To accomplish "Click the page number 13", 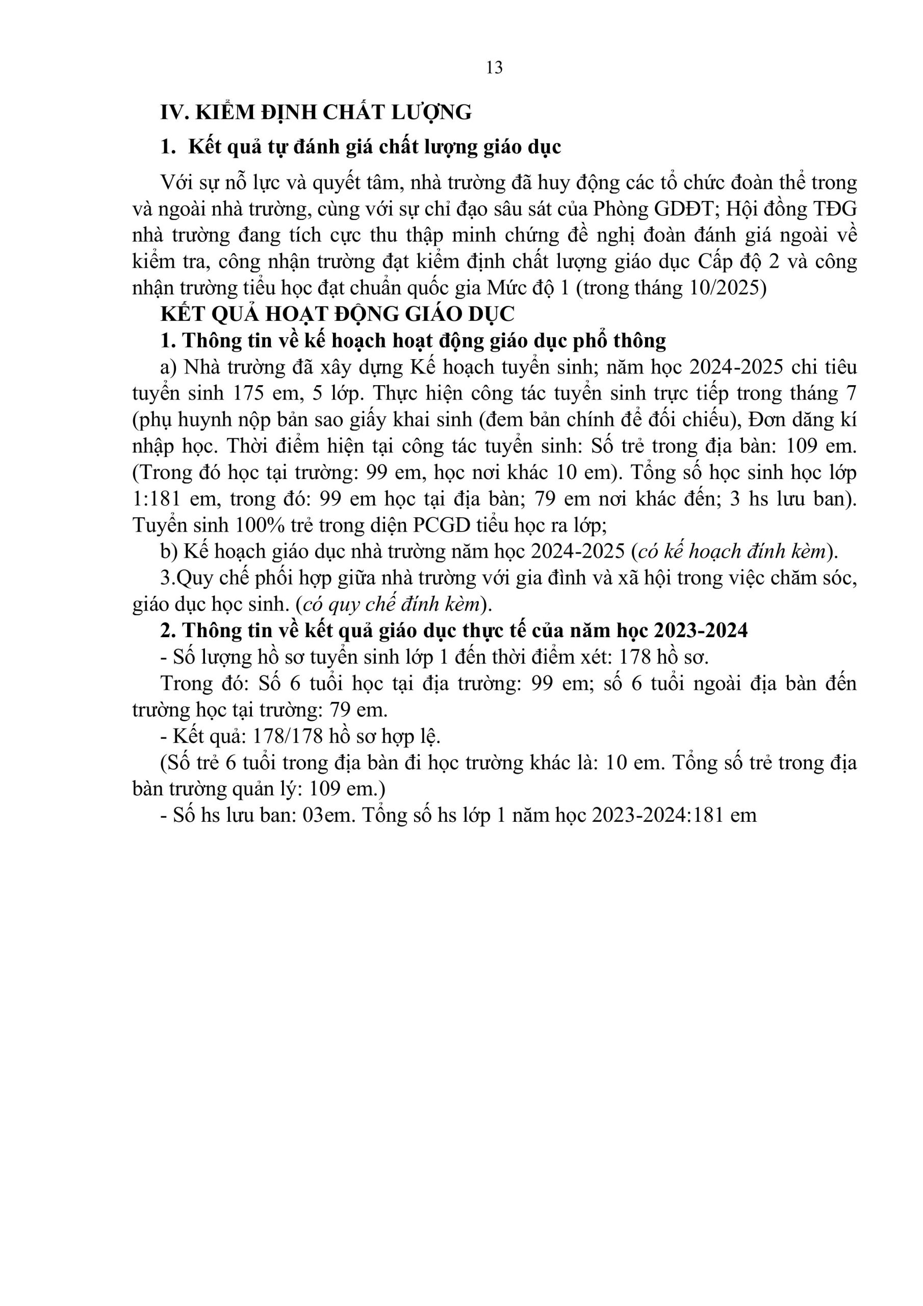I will tap(494, 68).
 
